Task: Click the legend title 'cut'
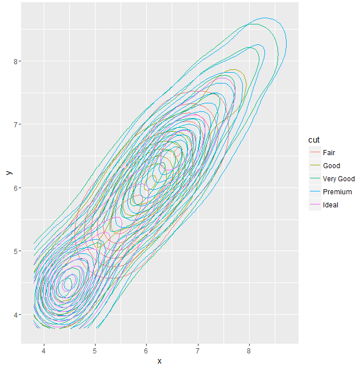click(314, 140)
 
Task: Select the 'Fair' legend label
click(329, 152)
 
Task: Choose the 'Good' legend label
click(331, 165)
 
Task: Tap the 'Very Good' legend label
click(338, 178)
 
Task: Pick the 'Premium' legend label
click(337, 191)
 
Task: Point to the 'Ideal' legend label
click(330, 205)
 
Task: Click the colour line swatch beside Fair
click(315, 152)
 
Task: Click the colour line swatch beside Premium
click(315, 191)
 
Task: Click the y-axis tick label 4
click(16, 314)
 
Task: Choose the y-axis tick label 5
click(16, 251)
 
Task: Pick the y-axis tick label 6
click(16, 188)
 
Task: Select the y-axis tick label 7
click(16, 124)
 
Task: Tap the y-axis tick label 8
click(16, 61)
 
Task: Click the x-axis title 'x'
click(159, 361)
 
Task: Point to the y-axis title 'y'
click(7, 173)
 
